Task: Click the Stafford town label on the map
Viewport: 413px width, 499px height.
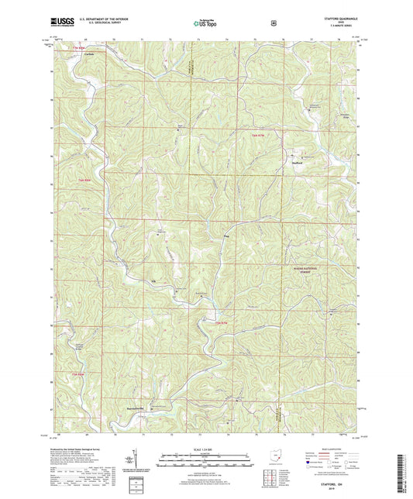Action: (x=297, y=163)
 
